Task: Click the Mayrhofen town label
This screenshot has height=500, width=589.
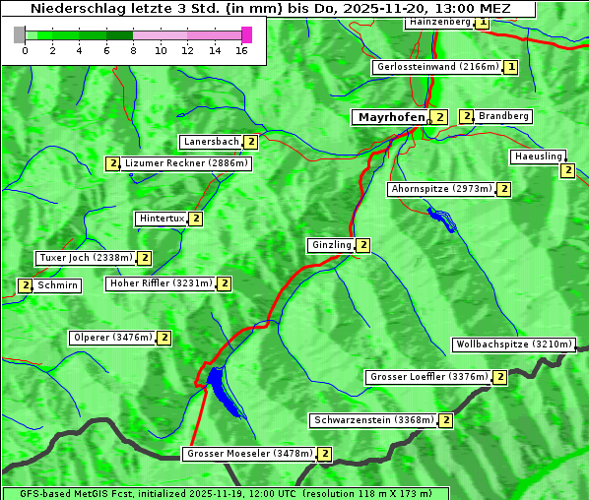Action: click(x=392, y=117)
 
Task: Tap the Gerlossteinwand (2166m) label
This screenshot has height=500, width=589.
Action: click(x=436, y=67)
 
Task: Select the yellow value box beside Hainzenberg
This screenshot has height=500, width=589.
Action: click(x=483, y=22)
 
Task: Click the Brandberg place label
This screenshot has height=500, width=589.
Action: click(x=503, y=116)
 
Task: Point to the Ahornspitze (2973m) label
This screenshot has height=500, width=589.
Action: click(x=440, y=188)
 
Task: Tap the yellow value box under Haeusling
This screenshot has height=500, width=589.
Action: click(x=567, y=170)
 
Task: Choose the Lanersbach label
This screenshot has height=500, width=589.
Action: click(x=211, y=142)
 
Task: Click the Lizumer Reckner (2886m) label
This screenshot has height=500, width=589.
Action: click(x=185, y=163)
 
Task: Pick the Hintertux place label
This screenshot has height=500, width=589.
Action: click(x=162, y=219)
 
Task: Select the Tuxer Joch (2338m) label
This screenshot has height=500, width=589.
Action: click(x=85, y=258)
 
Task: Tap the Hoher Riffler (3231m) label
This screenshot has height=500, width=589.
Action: click(x=161, y=283)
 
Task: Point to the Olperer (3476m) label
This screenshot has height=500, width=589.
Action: click(x=112, y=338)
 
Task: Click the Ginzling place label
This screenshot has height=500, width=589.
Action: click(x=330, y=245)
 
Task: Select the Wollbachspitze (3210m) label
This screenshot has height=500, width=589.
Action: click(x=512, y=344)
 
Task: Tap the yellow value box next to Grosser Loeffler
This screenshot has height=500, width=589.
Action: click(x=500, y=377)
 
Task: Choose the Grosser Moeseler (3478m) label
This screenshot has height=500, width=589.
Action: click(x=249, y=454)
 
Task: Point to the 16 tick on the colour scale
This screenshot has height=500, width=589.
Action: click(x=242, y=49)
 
